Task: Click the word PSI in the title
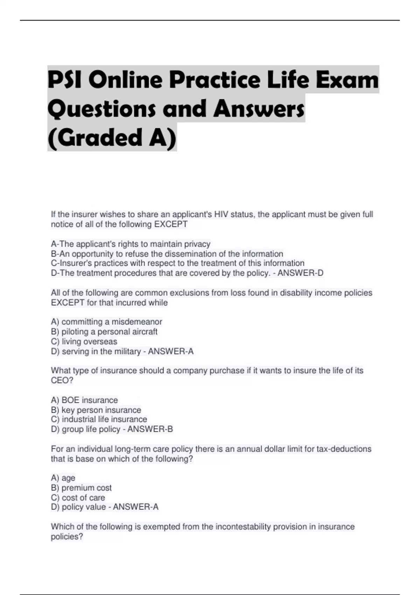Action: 65,80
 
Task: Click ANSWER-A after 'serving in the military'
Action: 171,351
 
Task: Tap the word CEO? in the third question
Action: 62,380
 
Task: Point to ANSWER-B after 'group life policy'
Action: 150,429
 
